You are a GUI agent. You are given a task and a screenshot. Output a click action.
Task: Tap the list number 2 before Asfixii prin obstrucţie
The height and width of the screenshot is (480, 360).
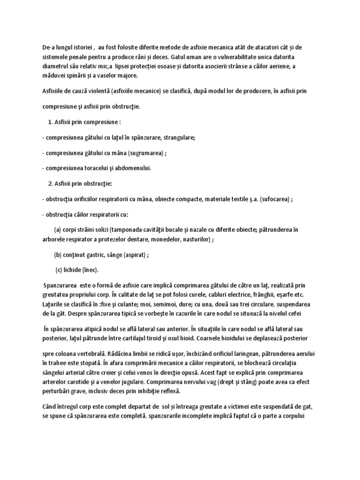(50, 183)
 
